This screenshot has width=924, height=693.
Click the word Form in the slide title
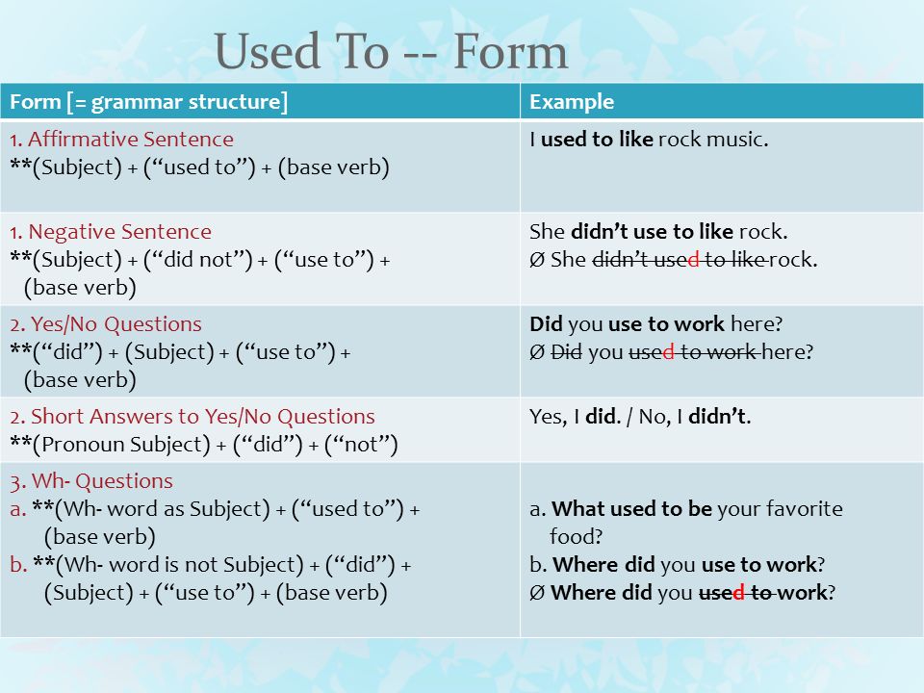click(510, 51)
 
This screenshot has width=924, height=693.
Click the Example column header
click(572, 102)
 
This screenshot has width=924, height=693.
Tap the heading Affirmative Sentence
click(131, 139)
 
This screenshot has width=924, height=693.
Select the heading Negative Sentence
click(119, 232)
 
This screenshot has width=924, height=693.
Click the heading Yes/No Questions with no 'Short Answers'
click(116, 324)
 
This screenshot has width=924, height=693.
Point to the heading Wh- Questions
click(102, 481)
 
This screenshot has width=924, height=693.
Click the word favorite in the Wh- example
click(805, 508)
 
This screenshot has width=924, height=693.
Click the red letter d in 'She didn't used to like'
click(693, 259)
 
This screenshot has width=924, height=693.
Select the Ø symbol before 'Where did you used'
click(537, 593)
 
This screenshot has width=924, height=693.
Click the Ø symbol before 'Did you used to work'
click(537, 352)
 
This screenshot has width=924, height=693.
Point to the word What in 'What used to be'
click(573, 508)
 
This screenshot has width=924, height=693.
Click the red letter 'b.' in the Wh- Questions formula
click(19, 565)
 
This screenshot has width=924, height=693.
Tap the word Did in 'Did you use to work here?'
click(546, 324)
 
